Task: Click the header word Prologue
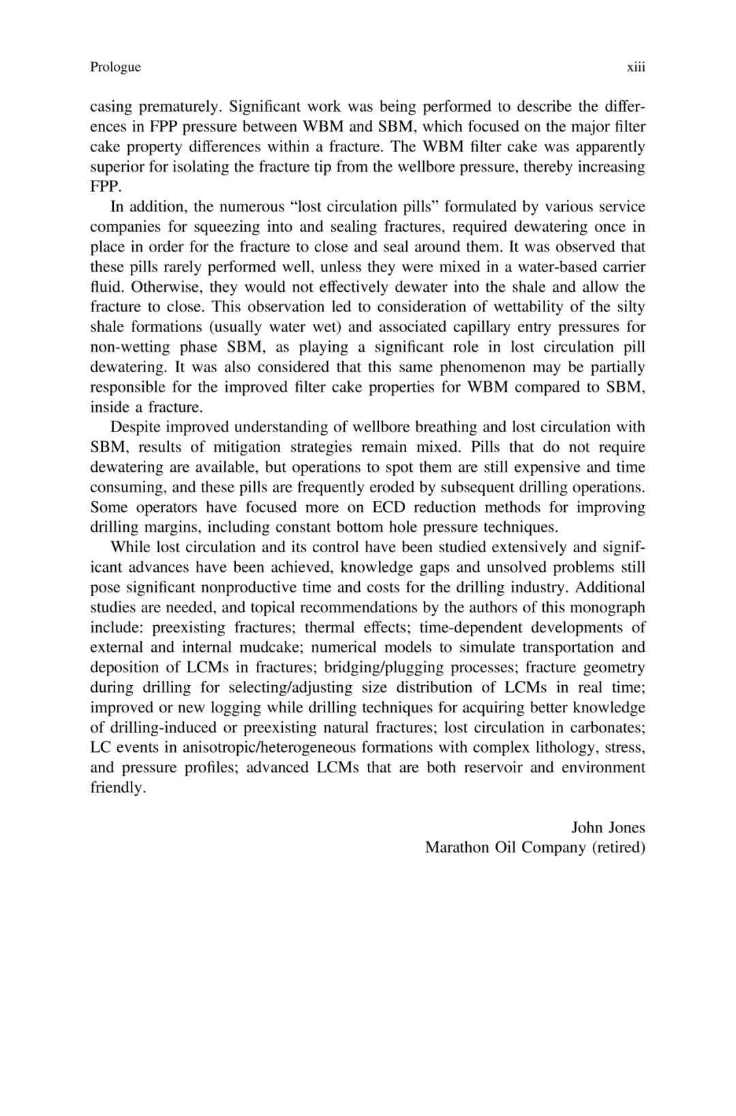point(115,67)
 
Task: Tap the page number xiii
point(636,67)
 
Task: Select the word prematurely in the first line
point(181,107)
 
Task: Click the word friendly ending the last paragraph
point(118,788)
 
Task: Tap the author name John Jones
point(608,828)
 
